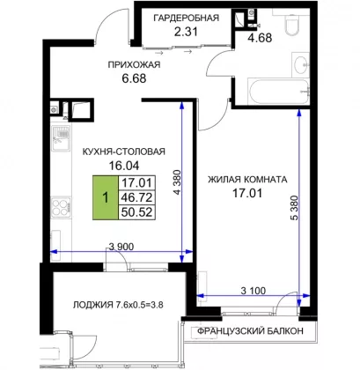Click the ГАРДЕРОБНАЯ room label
click(x=187, y=18)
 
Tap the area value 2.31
click(x=186, y=32)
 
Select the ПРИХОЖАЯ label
click(x=134, y=64)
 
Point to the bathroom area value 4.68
click(x=260, y=38)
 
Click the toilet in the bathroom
click(x=291, y=21)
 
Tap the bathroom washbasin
click(x=300, y=65)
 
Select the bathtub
click(x=278, y=92)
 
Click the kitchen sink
click(x=61, y=138)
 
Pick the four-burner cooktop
click(x=61, y=208)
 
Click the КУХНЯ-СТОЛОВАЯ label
click(x=124, y=152)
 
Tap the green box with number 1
click(x=106, y=197)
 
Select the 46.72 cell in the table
click(x=136, y=197)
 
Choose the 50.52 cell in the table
click(x=136, y=212)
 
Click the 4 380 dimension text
click(x=177, y=182)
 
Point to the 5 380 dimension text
click(x=294, y=208)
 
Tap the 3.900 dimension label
click(x=121, y=247)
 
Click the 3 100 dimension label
click(x=253, y=291)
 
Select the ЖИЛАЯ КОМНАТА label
click(x=247, y=179)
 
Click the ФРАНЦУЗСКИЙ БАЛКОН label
click(x=250, y=331)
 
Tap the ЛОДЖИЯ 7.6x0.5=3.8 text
click(x=118, y=305)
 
